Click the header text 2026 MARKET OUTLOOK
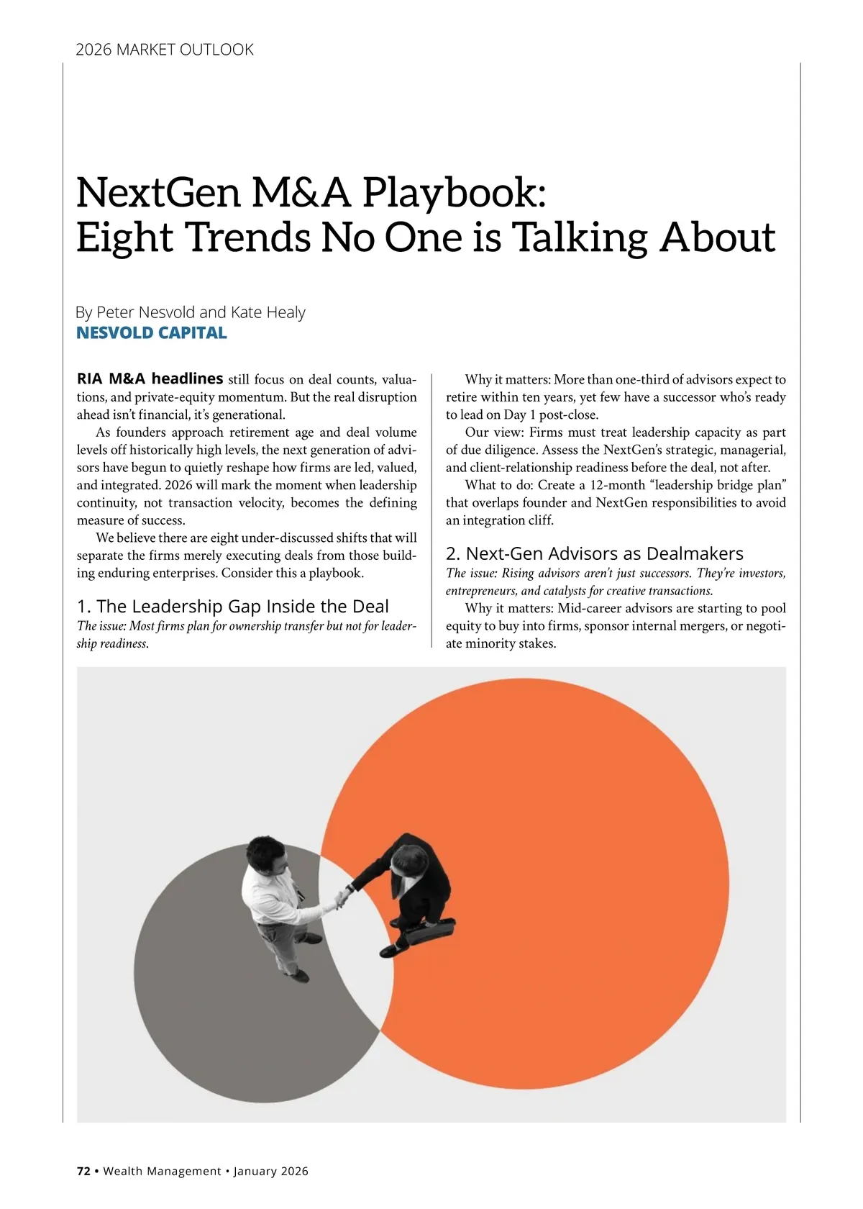[x=165, y=50]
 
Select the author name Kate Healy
[x=268, y=312]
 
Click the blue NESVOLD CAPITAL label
[x=152, y=332]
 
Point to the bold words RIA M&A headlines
[x=150, y=379]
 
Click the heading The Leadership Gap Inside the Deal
[x=232, y=606]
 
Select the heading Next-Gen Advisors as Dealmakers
[x=594, y=553]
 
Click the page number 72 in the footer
[x=83, y=1171]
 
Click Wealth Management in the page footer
[x=162, y=1171]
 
